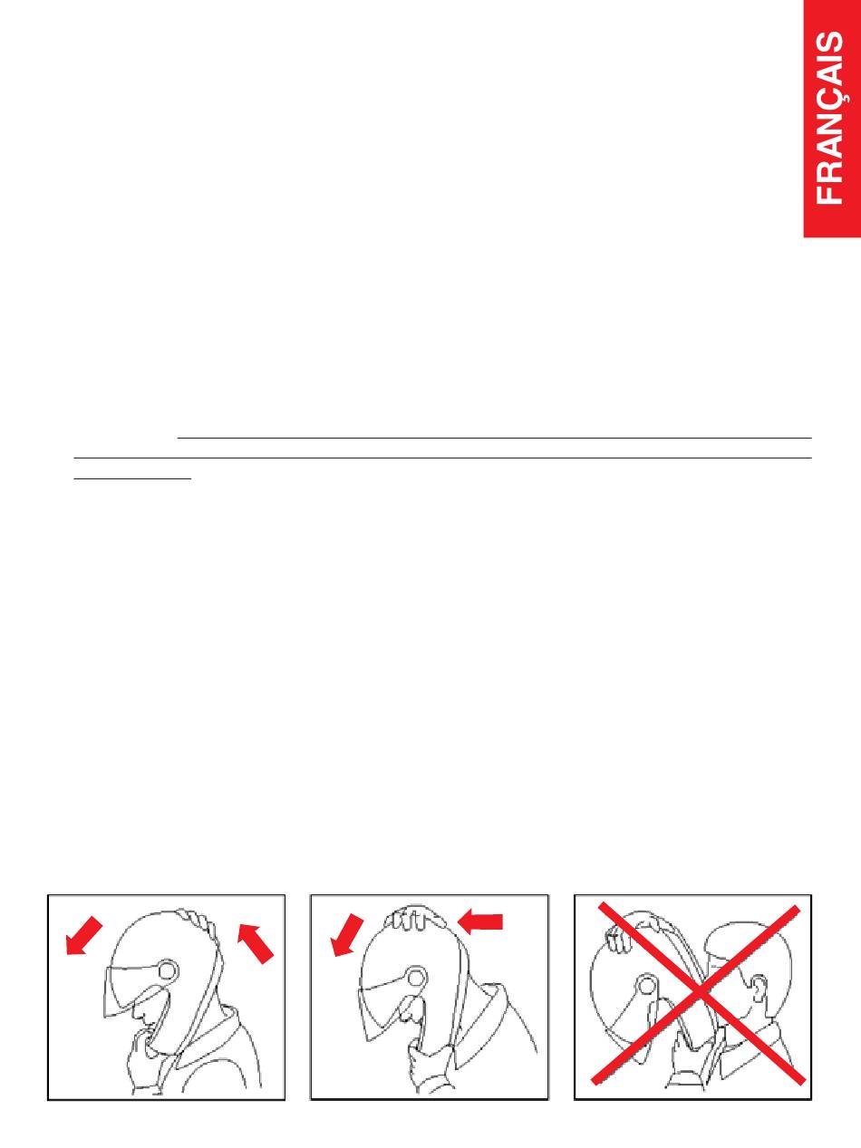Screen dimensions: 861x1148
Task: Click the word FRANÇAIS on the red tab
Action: [832, 118]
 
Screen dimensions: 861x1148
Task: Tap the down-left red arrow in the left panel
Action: [83, 934]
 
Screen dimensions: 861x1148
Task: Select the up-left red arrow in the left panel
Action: [256, 943]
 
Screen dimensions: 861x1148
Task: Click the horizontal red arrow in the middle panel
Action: [479, 922]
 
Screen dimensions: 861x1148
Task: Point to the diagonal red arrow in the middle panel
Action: [347, 934]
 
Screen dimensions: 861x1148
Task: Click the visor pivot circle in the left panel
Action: [168, 971]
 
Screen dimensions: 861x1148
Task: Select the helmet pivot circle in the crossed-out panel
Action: [645, 986]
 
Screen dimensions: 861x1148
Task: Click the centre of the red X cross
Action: [697, 990]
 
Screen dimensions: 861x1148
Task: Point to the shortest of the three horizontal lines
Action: [133, 478]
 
